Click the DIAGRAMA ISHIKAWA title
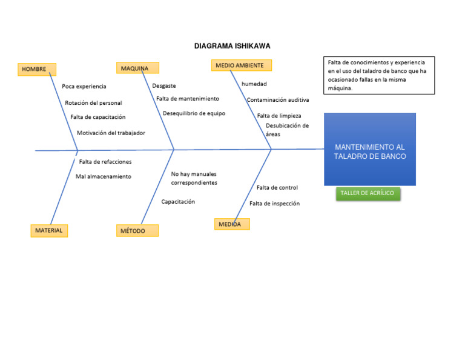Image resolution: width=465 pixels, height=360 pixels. click(232, 46)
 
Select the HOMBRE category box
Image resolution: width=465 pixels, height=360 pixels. click(37, 69)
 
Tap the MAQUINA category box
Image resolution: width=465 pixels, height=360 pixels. click(137, 68)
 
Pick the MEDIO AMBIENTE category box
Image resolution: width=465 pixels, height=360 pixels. click(242, 65)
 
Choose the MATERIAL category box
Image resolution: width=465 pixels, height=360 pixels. click(49, 230)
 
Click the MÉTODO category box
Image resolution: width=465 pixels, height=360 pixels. click(137, 231)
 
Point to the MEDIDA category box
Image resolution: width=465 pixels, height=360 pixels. click(232, 224)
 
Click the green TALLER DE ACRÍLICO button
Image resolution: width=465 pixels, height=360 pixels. click(368, 193)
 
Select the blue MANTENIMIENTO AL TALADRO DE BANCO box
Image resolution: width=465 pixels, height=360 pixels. click(370, 150)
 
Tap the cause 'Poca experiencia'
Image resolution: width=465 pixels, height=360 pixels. click(84, 87)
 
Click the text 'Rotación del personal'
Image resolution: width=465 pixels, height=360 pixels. click(93, 103)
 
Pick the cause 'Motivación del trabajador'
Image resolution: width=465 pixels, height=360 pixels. click(111, 133)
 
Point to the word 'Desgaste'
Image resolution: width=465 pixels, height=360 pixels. click(164, 86)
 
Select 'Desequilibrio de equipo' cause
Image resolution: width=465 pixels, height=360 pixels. click(194, 113)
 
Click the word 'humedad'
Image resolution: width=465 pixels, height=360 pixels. click(254, 84)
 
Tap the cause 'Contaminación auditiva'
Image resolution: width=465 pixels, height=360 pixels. click(278, 99)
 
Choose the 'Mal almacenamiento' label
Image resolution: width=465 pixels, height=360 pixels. click(103, 177)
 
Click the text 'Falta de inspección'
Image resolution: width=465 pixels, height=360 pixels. click(274, 204)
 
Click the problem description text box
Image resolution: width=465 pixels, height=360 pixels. click(379, 75)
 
